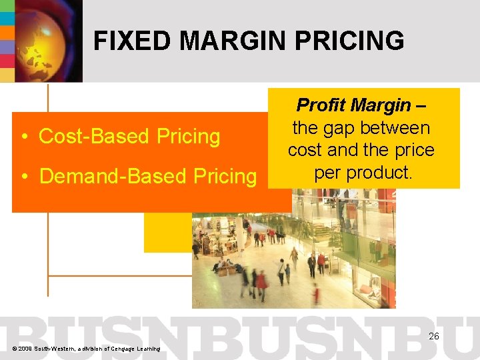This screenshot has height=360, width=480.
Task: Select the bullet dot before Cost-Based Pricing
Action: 24,137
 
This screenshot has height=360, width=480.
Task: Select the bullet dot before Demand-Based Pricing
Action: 24,177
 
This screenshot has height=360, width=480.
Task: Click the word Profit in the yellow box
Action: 320,105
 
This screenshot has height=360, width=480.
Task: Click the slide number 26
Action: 433,337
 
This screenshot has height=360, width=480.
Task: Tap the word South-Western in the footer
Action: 58,349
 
